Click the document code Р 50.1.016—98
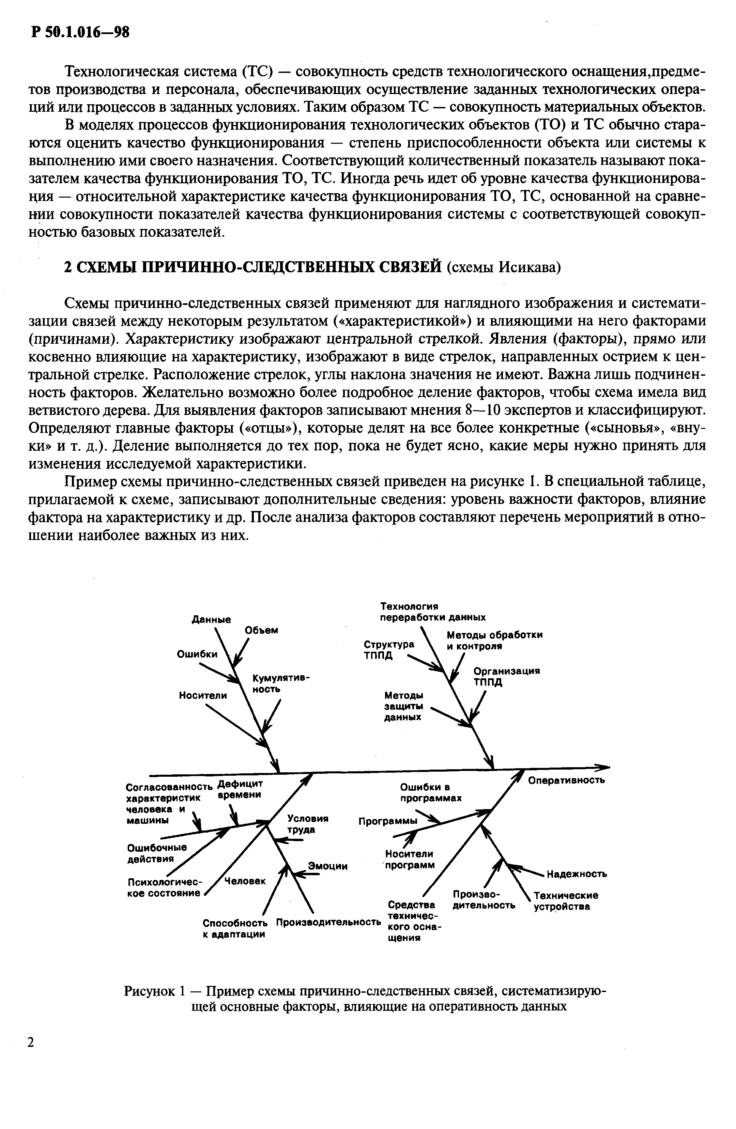tap(79, 32)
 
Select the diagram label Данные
tap(211, 619)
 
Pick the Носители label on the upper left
tap(203, 695)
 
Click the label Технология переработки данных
tap(432, 612)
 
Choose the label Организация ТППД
tap(507, 677)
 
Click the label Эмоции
tap(328, 866)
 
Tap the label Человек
tap(245, 880)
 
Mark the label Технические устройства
tap(566, 901)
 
